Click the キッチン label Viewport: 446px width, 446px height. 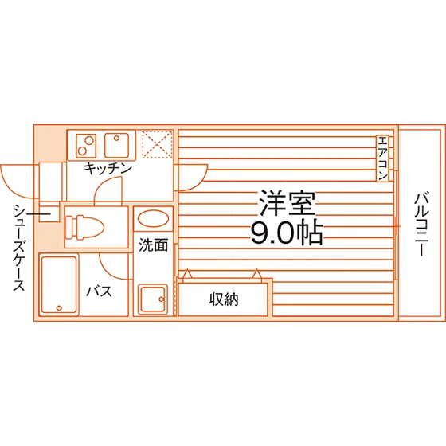(108, 169)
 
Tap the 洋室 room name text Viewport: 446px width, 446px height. (287, 203)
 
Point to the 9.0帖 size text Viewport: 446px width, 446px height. (287, 233)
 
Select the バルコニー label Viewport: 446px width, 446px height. (421, 225)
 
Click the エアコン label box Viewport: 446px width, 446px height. (382, 158)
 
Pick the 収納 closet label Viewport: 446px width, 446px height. (224, 299)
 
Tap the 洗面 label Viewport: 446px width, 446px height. (153, 245)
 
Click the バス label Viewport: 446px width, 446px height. (100, 291)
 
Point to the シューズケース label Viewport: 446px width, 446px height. (19, 248)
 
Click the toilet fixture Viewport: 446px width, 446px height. (84, 227)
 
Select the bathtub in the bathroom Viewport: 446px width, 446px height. (59, 285)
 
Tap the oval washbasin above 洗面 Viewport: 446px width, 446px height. (153, 218)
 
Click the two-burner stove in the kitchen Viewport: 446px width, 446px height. (86, 145)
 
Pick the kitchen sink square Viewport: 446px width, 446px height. (116, 145)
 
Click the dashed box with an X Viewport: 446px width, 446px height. (158, 144)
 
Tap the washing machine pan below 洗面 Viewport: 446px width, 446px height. (153, 299)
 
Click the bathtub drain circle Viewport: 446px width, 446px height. (59, 307)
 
